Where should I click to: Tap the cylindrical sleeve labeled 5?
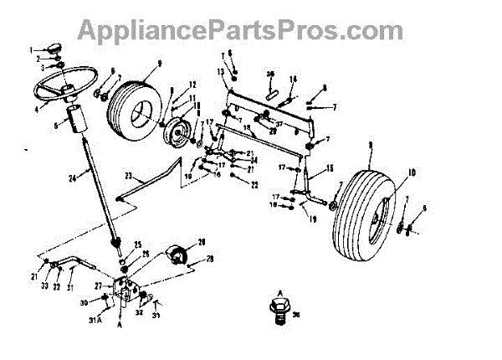point(77,121)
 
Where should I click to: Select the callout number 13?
point(220,73)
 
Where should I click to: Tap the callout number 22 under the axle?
point(254,183)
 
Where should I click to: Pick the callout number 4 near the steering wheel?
point(35,109)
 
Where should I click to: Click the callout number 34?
point(254,160)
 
